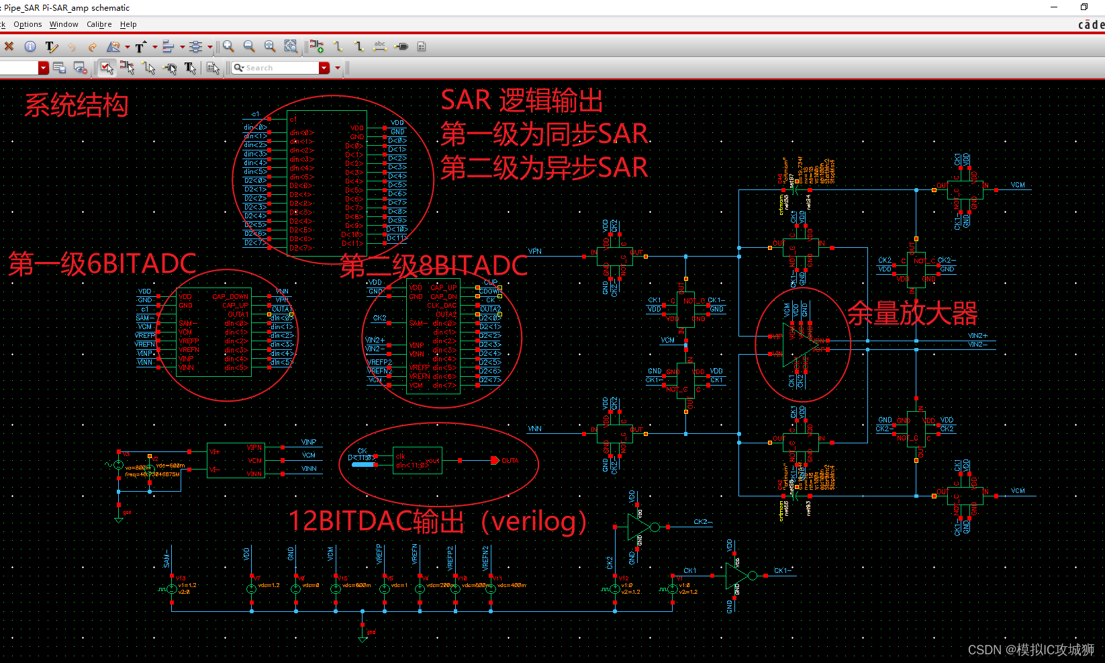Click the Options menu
point(28,24)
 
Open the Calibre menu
point(99,24)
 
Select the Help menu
point(128,24)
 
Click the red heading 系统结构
point(76,105)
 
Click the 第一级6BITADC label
point(102,264)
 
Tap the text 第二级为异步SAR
point(544,167)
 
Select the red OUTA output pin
point(495,461)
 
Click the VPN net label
point(535,251)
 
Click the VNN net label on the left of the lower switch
point(535,429)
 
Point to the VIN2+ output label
point(977,335)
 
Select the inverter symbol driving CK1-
point(736,576)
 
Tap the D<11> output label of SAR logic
point(397,238)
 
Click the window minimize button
point(1054,7)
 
